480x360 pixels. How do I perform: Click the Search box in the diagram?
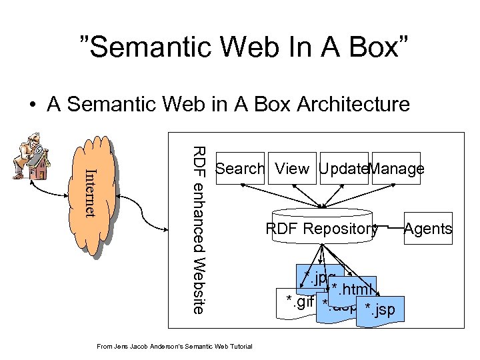(x=240, y=169)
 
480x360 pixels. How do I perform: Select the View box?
(x=292, y=169)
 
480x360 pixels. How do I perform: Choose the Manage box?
(x=397, y=169)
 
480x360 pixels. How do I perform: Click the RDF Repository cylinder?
(x=322, y=229)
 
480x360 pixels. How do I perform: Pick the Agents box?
(x=427, y=229)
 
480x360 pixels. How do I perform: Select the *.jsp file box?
(x=379, y=311)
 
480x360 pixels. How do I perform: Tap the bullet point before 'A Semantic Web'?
(x=32, y=105)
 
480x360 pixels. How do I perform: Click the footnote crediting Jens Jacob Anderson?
(x=174, y=346)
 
